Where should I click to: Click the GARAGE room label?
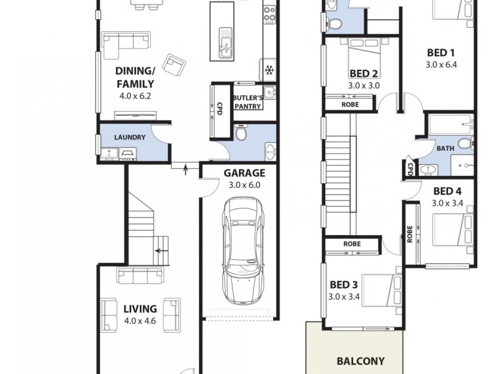pyautogui.click(x=244, y=173)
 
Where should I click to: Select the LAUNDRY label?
pyautogui.click(x=130, y=137)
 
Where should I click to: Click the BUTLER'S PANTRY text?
pyautogui.click(x=248, y=102)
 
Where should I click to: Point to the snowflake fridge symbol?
pyautogui.click(x=269, y=70)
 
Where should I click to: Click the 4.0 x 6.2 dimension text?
pyautogui.click(x=135, y=96)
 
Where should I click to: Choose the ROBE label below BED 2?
pyautogui.click(x=349, y=105)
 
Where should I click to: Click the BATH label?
pyautogui.click(x=445, y=148)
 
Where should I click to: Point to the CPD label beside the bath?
pyautogui.click(x=410, y=168)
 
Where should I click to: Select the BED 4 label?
pyautogui.click(x=446, y=191)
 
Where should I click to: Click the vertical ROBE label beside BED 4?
pyautogui.click(x=410, y=233)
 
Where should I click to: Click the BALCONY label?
pyautogui.click(x=360, y=360)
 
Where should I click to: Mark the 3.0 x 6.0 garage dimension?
pyautogui.click(x=244, y=185)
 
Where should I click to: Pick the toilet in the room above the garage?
pyautogui.click(x=242, y=133)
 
